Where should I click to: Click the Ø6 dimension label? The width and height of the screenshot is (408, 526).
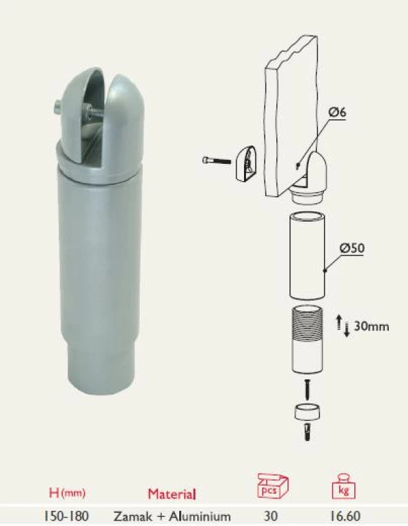pos(337,112)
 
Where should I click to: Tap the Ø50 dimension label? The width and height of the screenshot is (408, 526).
pos(351,249)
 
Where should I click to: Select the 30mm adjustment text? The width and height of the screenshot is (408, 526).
pos(371,326)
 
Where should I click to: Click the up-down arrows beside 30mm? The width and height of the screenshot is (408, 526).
pos(343,326)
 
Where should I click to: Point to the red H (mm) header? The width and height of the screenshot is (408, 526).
pos(67,493)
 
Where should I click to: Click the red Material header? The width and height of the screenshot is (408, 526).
pos(172,494)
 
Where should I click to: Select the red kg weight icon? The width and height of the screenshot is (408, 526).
pos(343,487)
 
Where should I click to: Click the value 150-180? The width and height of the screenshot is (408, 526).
pos(66,516)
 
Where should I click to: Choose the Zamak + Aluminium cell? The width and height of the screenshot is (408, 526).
pos(172,516)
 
